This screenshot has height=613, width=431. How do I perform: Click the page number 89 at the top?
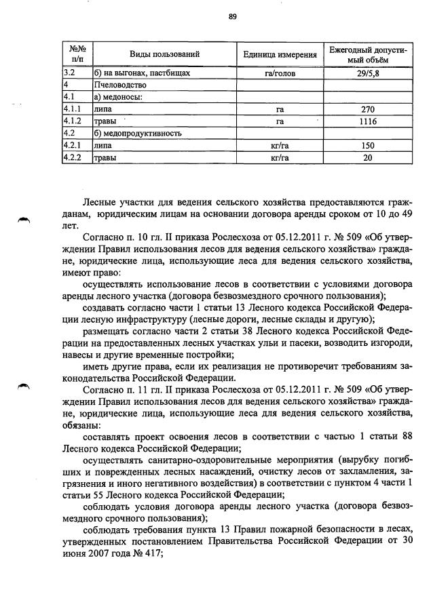pos(232,18)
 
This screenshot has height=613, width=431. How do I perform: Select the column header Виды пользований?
pos(164,54)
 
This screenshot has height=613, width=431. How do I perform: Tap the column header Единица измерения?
pos(280,54)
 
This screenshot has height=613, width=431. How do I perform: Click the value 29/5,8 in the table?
pos(367,73)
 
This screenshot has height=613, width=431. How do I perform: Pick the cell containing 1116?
pos(367,121)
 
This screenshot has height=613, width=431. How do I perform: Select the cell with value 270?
pos(367,108)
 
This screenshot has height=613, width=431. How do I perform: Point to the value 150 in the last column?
pos(367,145)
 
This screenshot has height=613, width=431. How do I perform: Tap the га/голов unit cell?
pos(280,73)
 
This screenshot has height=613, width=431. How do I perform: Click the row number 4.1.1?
pos(72,108)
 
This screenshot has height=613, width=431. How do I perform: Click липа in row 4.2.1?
pos(104,145)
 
